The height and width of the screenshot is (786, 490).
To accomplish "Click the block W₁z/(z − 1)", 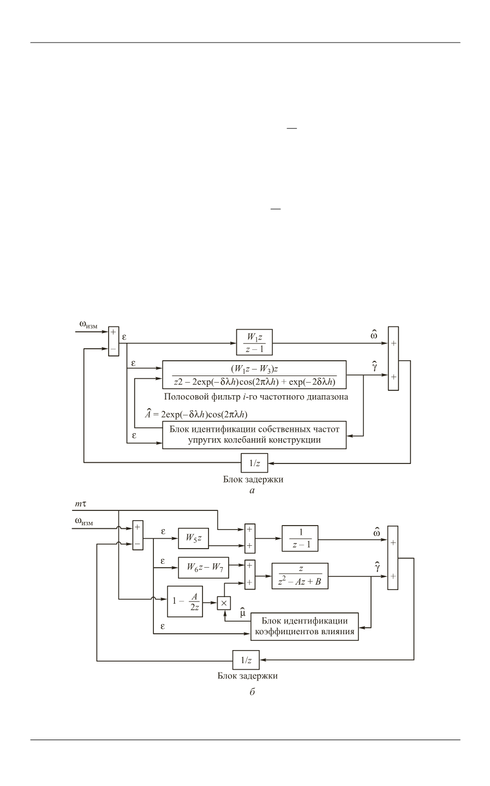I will (254, 343).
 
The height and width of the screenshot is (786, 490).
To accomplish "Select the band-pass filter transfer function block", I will (254, 375).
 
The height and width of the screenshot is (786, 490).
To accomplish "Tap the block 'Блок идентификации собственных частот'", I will (254, 434).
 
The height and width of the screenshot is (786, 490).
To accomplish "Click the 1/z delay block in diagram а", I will (255, 463).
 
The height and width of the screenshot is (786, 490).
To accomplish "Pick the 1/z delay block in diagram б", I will (246, 660).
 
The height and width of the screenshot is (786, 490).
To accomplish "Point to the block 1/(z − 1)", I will (300, 538).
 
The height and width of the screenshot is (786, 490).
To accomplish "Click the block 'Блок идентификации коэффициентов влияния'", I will (304, 626).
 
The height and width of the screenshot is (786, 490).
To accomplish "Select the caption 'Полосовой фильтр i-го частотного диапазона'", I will (255, 397).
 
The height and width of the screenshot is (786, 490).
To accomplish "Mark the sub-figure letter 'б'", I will (252, 692).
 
